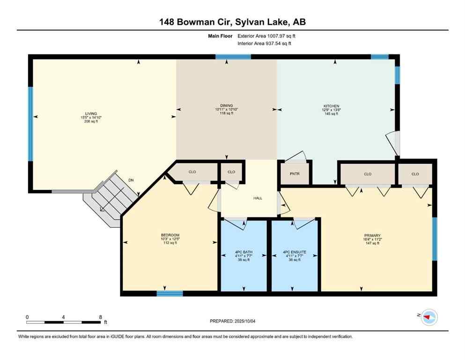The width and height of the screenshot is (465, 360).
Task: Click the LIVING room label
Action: (91, 113)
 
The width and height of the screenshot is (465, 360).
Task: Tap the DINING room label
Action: (227, 105)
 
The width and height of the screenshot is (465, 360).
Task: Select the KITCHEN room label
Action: (331, 106)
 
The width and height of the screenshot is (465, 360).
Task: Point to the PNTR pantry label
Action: (294, 174)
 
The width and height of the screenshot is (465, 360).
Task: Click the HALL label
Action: (257, 198)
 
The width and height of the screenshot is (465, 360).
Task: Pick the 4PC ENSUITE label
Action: (295, 252)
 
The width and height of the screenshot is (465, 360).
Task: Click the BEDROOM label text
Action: (170, 235)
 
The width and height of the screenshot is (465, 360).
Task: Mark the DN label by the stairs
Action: (131, 180)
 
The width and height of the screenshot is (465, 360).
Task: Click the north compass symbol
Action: (429, 317)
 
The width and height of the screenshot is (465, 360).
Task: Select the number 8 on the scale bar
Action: (100, 317)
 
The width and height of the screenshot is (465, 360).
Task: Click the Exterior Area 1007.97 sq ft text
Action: (266, 36)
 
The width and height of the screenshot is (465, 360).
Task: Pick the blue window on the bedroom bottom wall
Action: (170, 293)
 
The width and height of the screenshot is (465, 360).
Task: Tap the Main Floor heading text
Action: (221, 36)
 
